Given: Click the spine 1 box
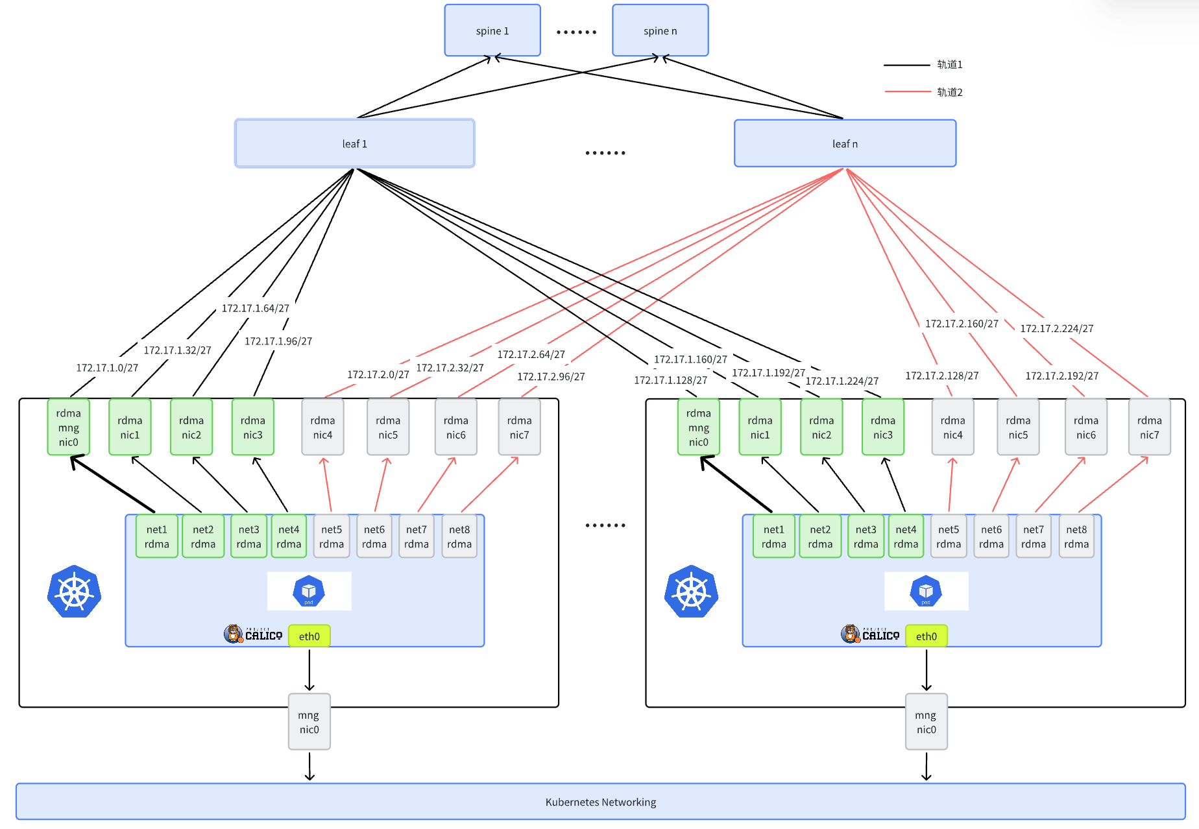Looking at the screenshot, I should [x=492, y=30].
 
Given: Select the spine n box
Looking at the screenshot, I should [x=660, y=30].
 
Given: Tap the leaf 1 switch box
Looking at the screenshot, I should [x=354, y=143].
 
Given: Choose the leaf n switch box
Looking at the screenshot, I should [x=845, y=143].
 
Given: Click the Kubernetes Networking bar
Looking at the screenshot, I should [x=600, y=802].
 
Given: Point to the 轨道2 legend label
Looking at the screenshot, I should [x=949, y=92].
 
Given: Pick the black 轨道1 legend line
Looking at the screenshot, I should [x=906, y=65].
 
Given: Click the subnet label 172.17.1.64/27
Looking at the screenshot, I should [x=255, y=308].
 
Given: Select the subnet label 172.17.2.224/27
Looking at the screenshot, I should [x=1056, y=328].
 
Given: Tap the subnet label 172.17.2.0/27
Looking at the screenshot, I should [x=378, y=374].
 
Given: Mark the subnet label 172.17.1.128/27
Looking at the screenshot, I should [x=670, y=380].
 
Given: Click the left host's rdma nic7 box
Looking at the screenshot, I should [x=519, y=427].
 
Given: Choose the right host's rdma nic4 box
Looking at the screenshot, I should [x=952, y=427].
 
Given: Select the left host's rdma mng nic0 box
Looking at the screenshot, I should [x=68, y=427].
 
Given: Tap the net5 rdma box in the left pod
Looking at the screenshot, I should [x=332, y=536].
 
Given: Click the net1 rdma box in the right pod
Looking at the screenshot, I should [x=773, y=536].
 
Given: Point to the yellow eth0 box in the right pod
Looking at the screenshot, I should [x=926, y=636].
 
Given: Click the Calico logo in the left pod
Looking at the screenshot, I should [x=253, y=634].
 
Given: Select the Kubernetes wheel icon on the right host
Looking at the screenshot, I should [x=691, y=592].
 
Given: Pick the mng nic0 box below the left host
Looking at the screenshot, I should [x=309, y=722].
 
